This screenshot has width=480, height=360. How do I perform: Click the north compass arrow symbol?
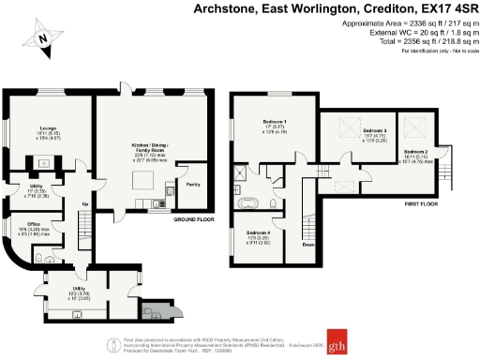tap(42, 38)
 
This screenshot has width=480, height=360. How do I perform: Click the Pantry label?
tap(192, 185)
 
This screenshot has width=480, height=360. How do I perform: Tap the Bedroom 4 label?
tap(260, 232)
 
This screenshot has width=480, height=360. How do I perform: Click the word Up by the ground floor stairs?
tap(86, 203)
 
